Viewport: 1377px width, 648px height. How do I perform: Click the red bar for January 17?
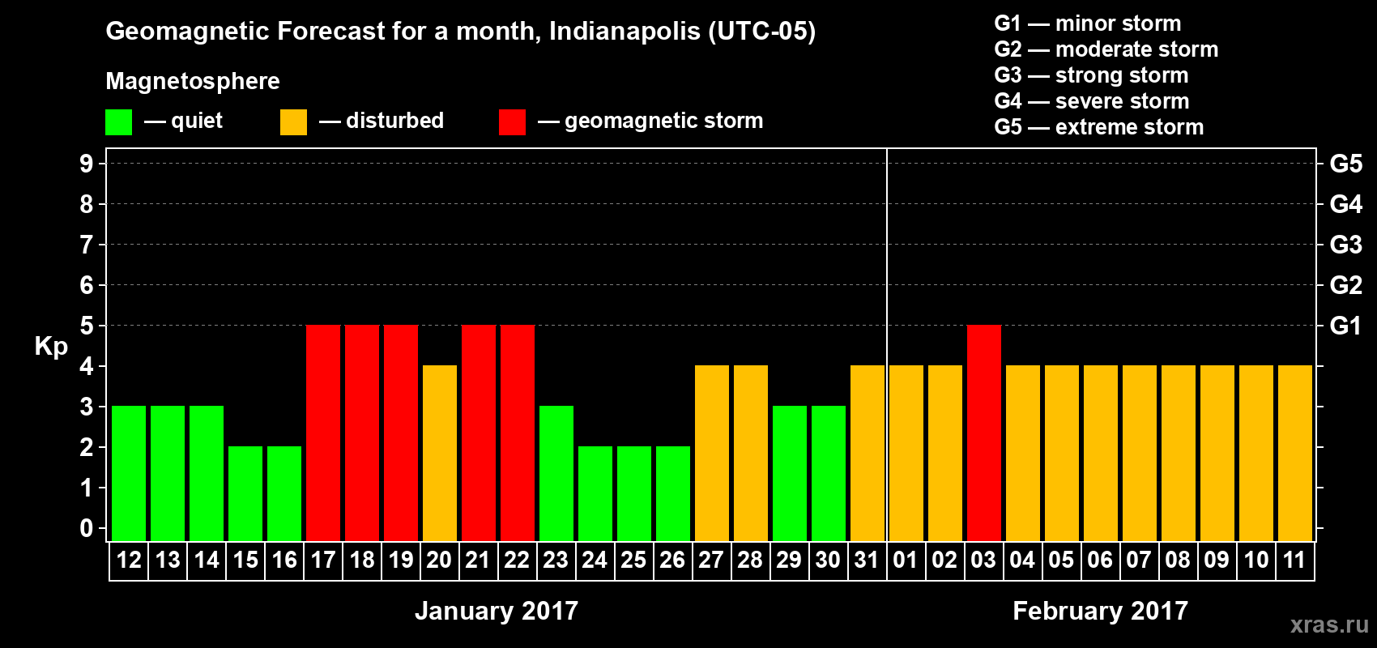[323, 433]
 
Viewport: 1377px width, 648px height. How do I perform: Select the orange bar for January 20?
[440, 453]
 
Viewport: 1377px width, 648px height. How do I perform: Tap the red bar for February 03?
[984, 433]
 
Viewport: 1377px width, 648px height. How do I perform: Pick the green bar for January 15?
[245, 493]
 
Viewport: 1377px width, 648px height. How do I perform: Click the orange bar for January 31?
[868, 453]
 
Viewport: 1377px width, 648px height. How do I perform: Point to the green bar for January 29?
[790, 473]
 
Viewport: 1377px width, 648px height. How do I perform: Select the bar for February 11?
[1295, 453]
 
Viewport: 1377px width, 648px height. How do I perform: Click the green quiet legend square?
[119, 122]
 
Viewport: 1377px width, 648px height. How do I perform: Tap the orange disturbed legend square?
[293, 122]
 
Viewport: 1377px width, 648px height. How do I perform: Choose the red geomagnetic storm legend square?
[512, 122]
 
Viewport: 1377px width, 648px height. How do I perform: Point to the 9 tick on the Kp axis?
[87, 164]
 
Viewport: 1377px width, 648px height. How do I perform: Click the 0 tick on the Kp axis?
[87, 529]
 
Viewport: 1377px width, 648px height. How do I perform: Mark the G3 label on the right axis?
[1345, 245]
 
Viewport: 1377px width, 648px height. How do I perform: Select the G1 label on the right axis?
[1345, 326]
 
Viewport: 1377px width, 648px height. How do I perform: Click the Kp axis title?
[51, 347]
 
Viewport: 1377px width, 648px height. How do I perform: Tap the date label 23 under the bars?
[556, 560]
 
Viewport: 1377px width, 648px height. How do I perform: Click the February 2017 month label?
[1100, 611]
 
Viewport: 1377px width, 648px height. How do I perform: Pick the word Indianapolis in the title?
[624, 32]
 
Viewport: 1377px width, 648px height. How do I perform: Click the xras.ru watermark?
[1329, 625]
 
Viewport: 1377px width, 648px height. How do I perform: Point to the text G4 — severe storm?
[1092, 101]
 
